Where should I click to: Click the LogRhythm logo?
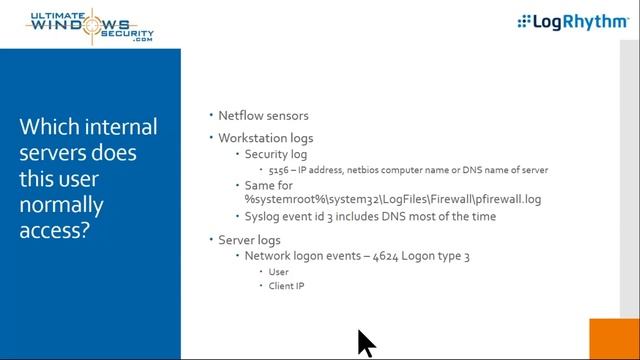572,22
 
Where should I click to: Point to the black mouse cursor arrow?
365,342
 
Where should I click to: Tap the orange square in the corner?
614,339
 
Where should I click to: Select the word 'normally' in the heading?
59,206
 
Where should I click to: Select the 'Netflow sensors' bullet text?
263,116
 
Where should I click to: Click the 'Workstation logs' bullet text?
266,138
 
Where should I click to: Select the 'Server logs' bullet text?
249,240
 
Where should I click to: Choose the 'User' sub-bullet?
279,272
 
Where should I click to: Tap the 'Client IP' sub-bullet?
286,287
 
